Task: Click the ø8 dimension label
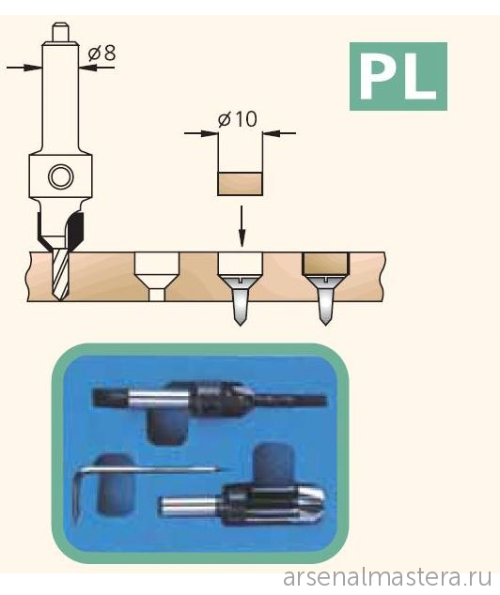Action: [102, 53]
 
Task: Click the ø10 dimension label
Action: [238, 119]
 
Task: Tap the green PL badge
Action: [398, 76]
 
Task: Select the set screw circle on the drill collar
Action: [61, 176]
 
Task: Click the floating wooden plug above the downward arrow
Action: [240, 184]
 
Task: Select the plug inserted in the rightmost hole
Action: [325, 264]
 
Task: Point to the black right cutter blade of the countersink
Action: [75, 231]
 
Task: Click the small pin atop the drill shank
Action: [60, 32]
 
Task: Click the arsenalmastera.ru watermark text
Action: [387, 578]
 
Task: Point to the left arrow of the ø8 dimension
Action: [24, 68]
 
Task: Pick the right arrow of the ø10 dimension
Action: [279, 133]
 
